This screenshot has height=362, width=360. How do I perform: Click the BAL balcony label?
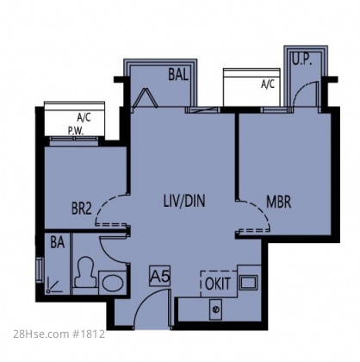pos(178,75)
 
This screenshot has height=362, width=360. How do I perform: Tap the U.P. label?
pos(302,59)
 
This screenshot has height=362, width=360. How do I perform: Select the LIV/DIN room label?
pos(184,201)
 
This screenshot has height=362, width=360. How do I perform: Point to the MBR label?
pos(278,202)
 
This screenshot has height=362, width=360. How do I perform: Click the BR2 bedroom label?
pos(82,209)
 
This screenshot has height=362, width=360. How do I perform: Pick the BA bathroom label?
pos(58,242)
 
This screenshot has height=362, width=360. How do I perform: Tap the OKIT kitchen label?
pos(218,284)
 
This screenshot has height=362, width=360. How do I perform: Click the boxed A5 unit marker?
pos(159,277)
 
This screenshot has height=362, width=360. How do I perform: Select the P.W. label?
pos(76,131)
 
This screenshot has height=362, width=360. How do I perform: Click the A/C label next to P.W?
pos(84,117)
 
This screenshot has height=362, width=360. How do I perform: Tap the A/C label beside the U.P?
pos(268,84)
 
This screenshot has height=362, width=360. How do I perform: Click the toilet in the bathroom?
pos(85,271)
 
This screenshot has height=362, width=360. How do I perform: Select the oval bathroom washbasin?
pos(113,283)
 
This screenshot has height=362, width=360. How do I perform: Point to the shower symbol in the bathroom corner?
pos(54,285)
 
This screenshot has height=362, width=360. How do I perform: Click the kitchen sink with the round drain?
pos(215,309)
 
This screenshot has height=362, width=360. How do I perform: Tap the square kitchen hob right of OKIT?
pos(249,282)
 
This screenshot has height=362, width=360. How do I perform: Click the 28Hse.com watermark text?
pos(40,334)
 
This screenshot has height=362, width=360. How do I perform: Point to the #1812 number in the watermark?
pos(88,334)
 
